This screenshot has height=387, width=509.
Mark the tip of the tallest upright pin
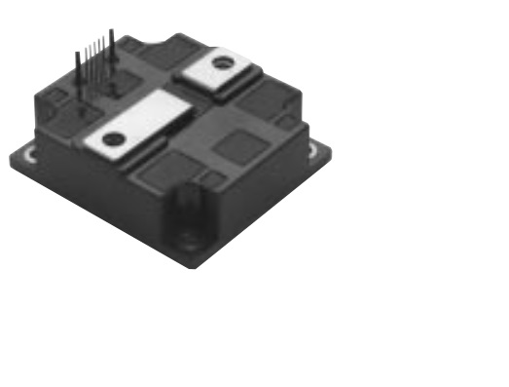pyautogui.click(x=112, y=33)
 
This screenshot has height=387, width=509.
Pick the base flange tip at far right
pyautogui.click(x=329, y=149)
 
